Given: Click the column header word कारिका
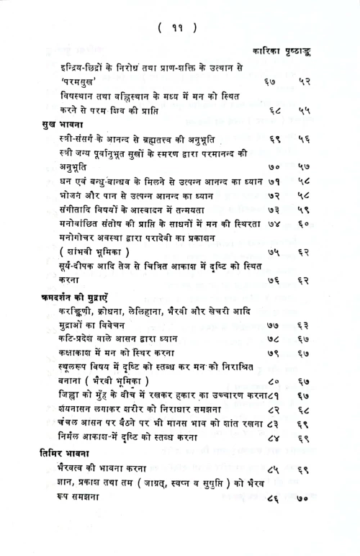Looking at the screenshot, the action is pyautogui.click(x=268, y=52).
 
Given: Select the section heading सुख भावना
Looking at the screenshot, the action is pyautogui.click(x=62, y=125).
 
